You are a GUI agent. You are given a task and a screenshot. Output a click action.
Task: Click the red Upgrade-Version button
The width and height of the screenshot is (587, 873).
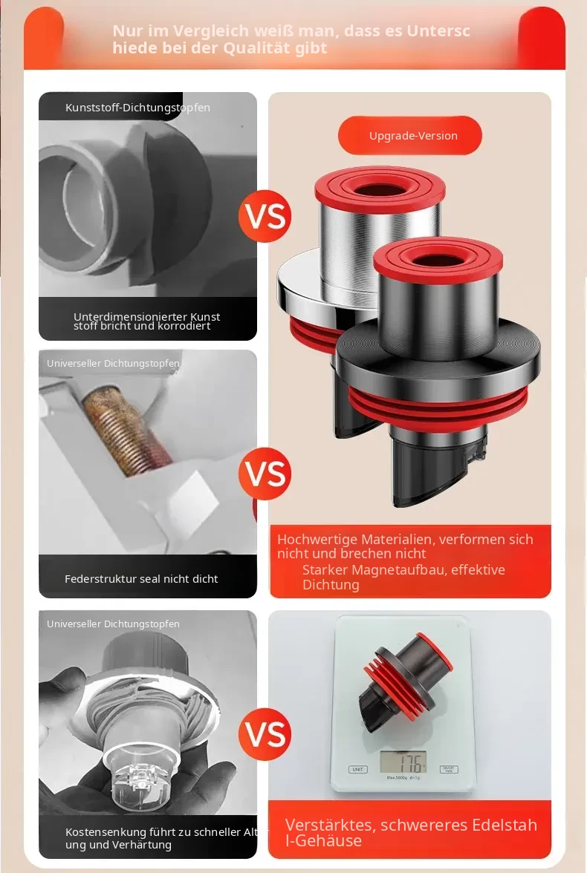(409, 135)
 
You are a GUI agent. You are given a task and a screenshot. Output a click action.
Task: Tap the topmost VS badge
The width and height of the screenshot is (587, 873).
(265, 216)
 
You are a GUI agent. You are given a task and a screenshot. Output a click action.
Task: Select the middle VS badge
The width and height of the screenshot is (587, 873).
(265, 474)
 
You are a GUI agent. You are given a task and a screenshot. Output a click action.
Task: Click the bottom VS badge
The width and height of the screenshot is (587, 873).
(265, 734)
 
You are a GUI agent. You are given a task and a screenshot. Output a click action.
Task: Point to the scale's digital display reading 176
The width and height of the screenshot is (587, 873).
(403, 761)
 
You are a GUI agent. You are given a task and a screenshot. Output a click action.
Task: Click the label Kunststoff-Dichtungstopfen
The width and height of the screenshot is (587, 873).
(137, 108)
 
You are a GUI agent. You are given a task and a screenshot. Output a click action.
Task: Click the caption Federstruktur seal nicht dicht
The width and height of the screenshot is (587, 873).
(141, 579)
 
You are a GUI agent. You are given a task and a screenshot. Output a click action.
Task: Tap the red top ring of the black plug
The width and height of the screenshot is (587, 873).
(438, 259)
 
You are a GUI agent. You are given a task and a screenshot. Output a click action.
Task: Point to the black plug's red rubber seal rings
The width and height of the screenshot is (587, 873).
(438, 409)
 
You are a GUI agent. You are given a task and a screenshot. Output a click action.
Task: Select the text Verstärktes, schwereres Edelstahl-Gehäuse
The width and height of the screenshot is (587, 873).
(411, 832)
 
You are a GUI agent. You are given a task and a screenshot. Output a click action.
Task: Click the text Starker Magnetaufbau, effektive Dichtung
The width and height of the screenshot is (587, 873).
(403, 577)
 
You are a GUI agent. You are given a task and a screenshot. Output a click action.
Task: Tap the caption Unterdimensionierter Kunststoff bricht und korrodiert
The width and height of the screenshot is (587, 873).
(146, 321)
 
